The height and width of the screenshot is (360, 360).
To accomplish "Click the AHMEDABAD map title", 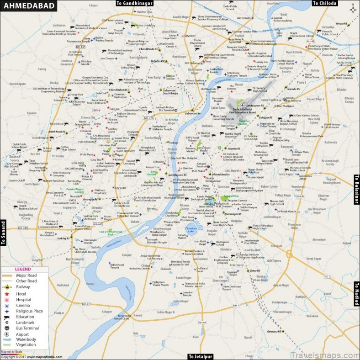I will pyautogui.click(x=28, y=6).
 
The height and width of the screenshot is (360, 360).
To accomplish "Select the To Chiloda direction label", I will pyautogui.click(x=325, y=3).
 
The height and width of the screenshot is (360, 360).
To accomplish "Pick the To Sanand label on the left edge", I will pyautogui.click(x=3, y=233).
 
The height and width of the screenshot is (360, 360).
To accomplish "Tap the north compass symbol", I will pyautogui.click(x=352, y=9).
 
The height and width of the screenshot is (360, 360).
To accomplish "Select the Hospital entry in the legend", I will pyautogui.click(x=24, y=299).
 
